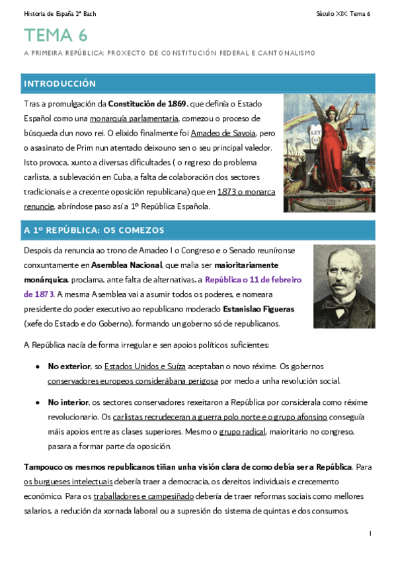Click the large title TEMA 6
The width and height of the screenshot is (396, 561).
(56, 34)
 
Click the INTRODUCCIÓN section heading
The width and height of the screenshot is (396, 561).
(59, 84)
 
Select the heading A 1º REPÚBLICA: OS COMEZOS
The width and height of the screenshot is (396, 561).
(94, 230)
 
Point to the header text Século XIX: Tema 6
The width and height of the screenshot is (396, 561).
(344, 13)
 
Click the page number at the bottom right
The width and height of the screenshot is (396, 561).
(370, 533)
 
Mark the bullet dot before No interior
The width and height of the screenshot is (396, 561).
(37, 402)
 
